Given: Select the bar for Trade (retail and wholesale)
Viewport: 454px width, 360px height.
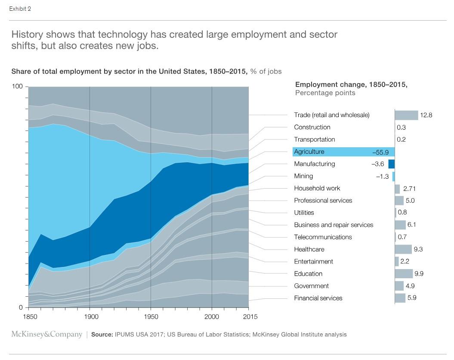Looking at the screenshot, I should (406, 115).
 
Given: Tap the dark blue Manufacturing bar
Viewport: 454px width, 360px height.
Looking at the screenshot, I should (391, 164).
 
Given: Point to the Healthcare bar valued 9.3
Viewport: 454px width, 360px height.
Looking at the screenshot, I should (403, 249).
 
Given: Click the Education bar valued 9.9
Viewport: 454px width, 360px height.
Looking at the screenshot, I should (404, 274).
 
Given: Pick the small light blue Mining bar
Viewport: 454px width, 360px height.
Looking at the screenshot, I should (393, 176).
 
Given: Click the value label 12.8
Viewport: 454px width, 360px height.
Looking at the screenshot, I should (426, 115).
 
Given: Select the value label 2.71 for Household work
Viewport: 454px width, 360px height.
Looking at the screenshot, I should (409, 189).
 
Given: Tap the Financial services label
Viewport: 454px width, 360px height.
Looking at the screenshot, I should (318, 298).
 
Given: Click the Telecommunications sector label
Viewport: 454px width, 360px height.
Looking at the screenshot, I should (323, 237).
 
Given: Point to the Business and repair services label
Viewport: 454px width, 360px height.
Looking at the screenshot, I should (334, 225).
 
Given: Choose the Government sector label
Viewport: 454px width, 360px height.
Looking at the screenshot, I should (311, 286).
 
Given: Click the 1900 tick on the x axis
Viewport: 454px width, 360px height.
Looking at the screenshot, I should (90, 317).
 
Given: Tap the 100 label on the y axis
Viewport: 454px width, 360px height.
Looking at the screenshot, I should (17, 87).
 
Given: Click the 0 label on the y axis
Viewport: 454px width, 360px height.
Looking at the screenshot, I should (20, 307).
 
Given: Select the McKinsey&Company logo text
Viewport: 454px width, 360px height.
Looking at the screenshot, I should (46, 334).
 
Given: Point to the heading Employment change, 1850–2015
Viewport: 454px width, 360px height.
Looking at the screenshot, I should (351, 85).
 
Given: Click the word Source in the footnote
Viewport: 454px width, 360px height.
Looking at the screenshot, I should (102, 335).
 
